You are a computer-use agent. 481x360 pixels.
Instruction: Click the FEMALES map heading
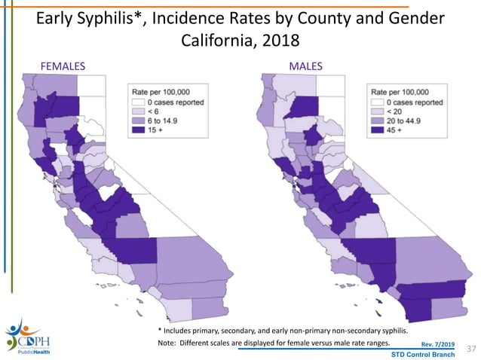[63, 66]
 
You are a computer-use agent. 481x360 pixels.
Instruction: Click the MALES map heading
[306, 66]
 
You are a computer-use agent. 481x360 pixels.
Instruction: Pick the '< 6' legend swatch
[138, 111]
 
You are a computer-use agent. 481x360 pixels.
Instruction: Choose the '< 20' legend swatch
[379, 111]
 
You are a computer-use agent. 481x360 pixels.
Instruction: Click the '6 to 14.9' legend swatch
[138, 121]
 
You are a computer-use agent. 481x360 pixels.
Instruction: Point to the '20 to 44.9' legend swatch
[379, 121]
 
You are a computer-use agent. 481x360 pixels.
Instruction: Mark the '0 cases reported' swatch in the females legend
[138, 101]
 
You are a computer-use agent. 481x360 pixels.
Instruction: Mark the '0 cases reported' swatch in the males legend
[379, 101]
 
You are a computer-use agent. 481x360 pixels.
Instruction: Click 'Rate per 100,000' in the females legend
[163, 90]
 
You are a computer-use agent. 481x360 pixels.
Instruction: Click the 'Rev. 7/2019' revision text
[437, 344]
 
